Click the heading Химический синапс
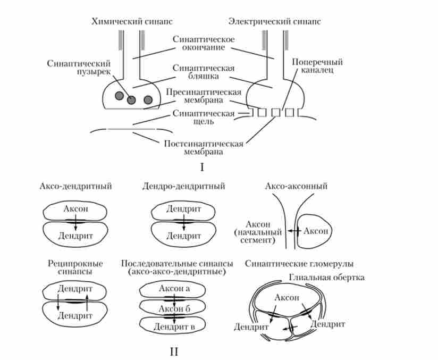point(132,22)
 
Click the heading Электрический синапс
point(274,22)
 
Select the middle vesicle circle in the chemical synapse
point(131,99)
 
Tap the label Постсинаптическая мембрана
point(204,147)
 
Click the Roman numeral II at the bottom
point(176,351)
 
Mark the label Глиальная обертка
point(327,278)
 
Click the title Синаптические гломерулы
point(300,264)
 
